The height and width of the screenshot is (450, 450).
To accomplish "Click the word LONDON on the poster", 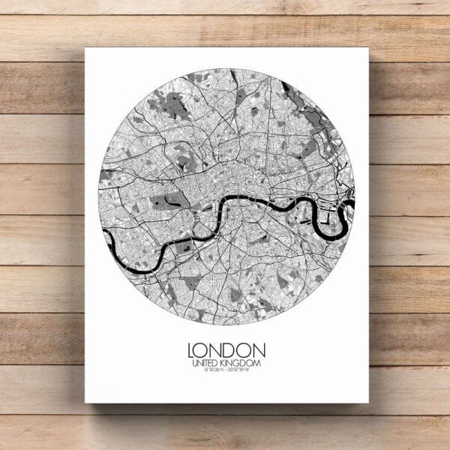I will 226,350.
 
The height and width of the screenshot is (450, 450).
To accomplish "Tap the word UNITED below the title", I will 205,364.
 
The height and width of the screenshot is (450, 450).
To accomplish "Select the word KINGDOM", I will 243,364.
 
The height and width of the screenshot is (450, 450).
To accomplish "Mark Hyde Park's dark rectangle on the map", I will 166,201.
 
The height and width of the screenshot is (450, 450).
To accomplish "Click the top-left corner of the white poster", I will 85,49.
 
